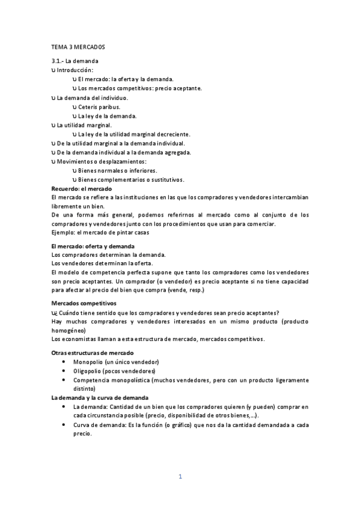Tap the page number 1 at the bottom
(180, 476)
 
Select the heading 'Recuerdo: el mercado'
(78, 189)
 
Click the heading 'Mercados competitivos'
(84, 303)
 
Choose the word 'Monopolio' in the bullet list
(88, 362)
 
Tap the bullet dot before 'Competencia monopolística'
(64, 381)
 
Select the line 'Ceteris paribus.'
(99, 106)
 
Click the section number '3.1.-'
(58, 61)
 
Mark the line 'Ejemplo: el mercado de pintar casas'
(100, 233)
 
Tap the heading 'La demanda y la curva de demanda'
(99, 398)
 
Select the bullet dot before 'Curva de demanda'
(64, 425)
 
